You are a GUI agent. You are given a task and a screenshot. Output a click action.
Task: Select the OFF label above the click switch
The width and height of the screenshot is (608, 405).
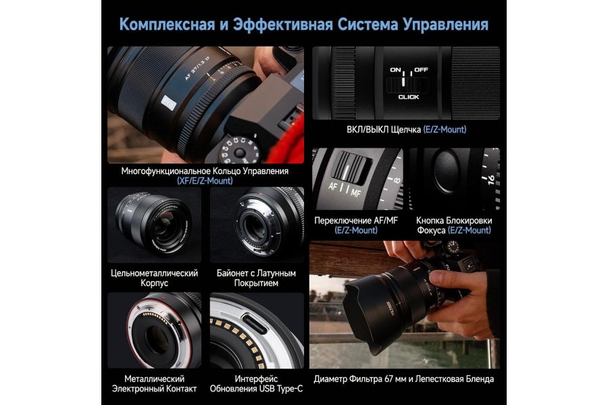[422, 69]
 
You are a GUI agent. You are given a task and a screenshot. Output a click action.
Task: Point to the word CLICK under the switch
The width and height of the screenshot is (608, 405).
[409, 97]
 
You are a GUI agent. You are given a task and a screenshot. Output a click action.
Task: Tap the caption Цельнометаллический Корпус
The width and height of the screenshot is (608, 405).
[154, 278]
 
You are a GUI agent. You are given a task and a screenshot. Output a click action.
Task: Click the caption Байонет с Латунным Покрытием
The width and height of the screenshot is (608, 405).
[257, 278]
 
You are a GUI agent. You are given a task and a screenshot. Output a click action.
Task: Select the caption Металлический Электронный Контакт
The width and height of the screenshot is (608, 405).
[154, 383]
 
